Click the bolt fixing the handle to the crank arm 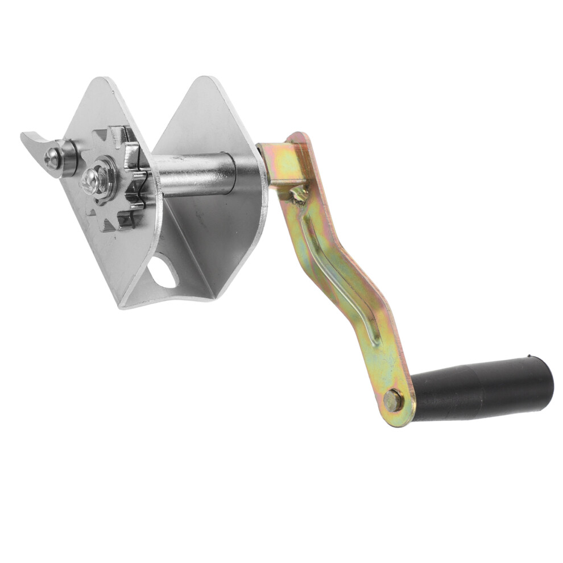392,400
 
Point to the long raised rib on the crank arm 341,267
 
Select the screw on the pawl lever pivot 53,159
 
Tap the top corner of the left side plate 102,80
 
